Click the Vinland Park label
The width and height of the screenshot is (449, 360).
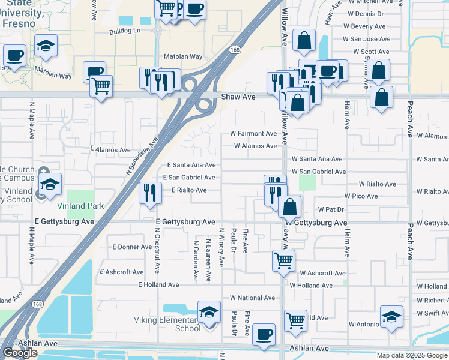(87, 206)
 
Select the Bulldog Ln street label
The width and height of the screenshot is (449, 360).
(124, 30)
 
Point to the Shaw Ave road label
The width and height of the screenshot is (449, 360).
(238, 97)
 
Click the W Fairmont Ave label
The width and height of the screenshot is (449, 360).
(254, 133)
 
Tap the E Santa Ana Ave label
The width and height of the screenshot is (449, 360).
(191, 164)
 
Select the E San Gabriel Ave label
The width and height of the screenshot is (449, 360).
(189, 178)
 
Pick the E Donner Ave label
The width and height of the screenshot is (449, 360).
(133, 247)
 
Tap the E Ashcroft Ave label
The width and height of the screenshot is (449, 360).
(122, 272)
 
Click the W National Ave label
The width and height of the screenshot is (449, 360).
(252, 298)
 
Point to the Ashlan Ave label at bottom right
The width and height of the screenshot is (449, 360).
(309, 348)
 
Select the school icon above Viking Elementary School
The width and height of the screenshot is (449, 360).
(209, 311)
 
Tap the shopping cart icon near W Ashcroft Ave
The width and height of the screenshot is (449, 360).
(283, 260)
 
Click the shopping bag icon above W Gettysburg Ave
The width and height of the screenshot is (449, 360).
(289, 207)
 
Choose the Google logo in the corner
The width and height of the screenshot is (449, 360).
(20, 353)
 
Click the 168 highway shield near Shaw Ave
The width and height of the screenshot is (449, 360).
(235, 50)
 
